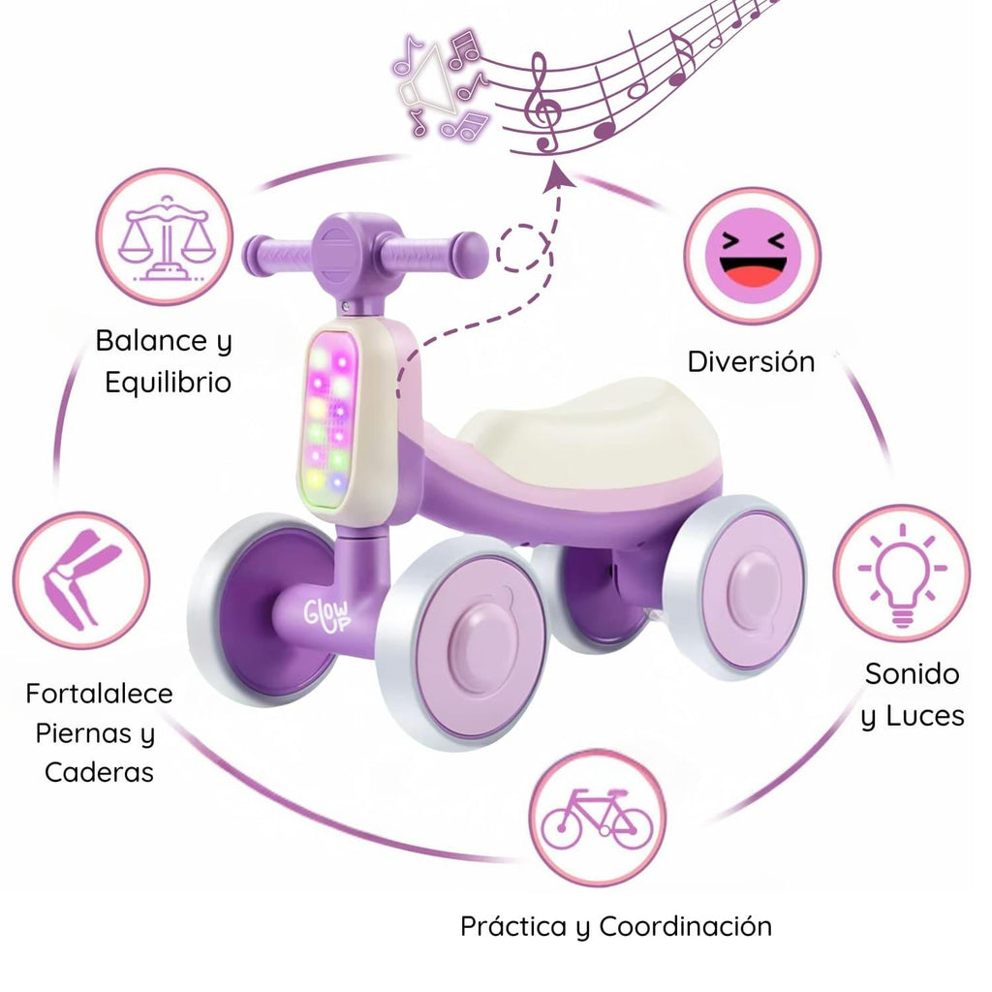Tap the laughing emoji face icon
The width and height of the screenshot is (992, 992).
(753, 256)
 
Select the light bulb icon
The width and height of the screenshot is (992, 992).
(902, 574)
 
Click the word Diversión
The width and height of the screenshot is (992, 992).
(751, 362)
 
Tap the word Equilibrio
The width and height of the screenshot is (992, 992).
(169, 383)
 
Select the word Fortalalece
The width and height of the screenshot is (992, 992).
(100, 694)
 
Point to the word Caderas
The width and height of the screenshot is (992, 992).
(100, 772)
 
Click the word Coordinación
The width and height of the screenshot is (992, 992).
(685, 927)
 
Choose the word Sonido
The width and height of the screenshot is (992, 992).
(912, 674)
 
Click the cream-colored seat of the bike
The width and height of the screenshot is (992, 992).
(588, 430)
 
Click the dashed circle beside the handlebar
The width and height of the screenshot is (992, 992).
(521, 247)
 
